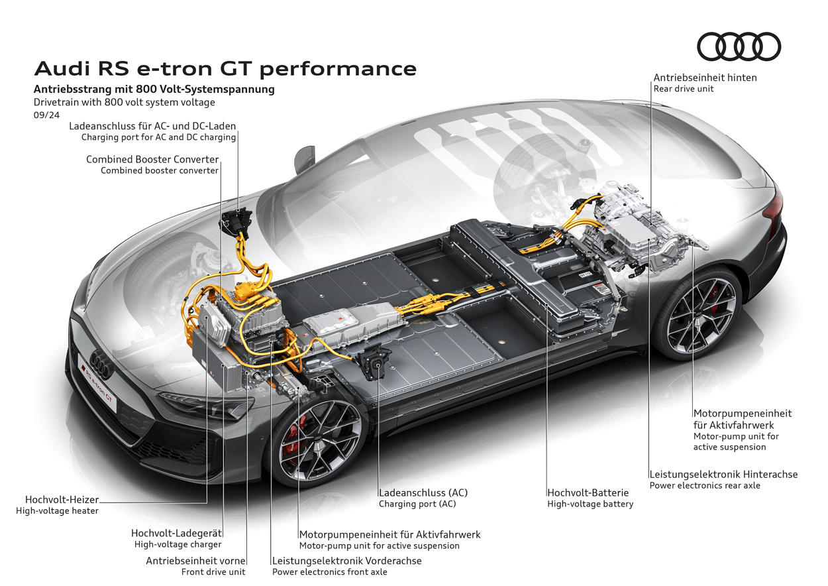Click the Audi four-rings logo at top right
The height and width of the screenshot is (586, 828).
point(739,46)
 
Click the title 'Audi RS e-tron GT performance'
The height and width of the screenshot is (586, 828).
point(225,68)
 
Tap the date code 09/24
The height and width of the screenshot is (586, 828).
point(46,115)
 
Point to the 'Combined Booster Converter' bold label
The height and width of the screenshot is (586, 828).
point(152,159)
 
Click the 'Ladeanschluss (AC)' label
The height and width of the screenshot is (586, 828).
point(423,493)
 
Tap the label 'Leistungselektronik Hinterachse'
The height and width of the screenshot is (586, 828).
point(723,474)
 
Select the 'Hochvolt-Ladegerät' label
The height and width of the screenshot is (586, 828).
point(176,533)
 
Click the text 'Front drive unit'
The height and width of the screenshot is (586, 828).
point(213,571)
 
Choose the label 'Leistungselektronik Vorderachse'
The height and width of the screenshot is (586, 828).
point(346,561)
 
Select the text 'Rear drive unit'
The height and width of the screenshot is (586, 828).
point(684,89)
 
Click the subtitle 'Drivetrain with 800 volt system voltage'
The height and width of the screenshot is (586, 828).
point(125,102)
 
